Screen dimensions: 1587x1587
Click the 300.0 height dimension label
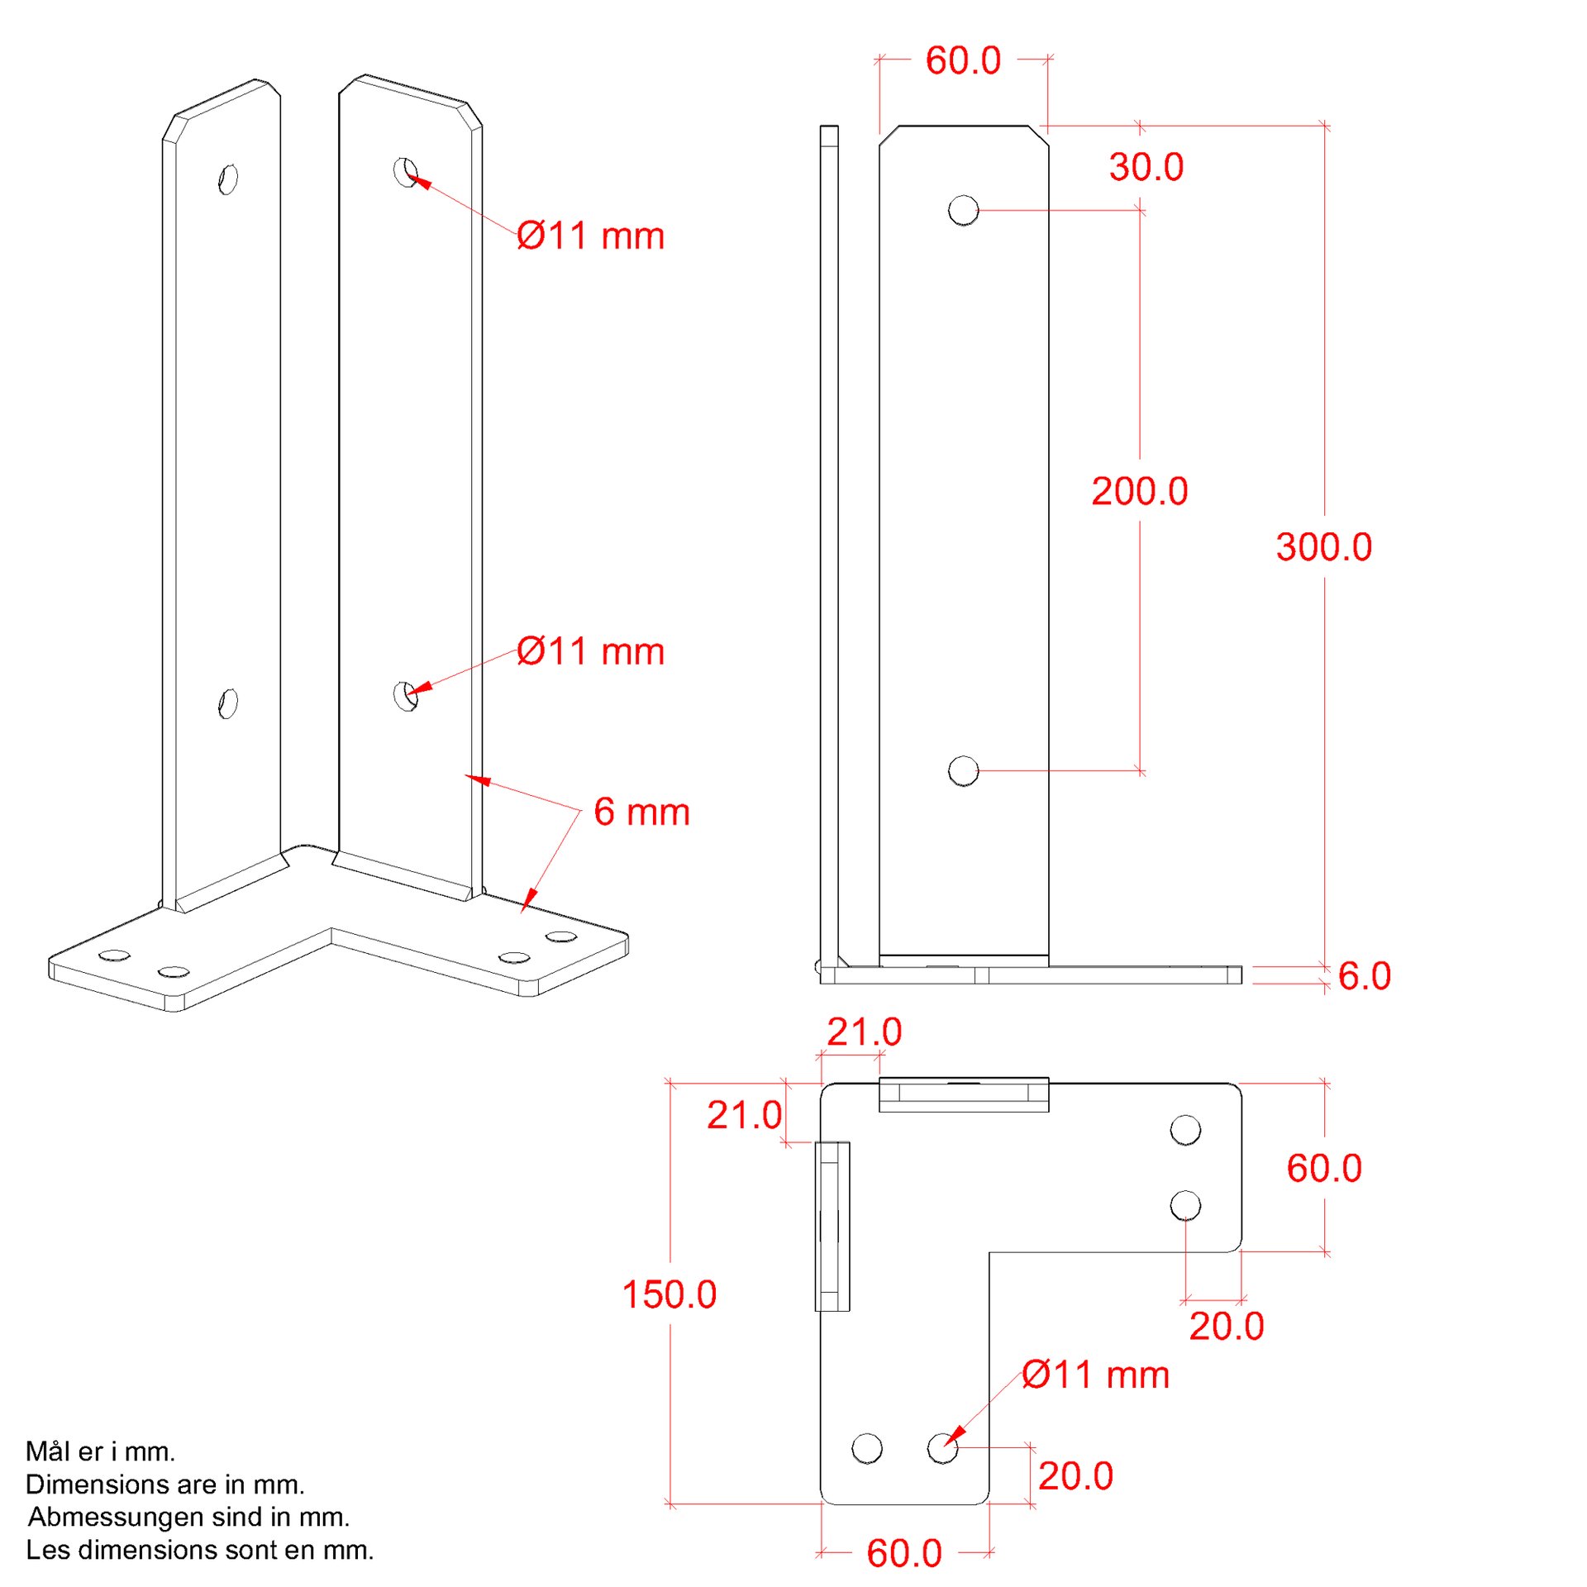(1323, 547)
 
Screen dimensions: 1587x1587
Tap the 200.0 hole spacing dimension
(1140, 491)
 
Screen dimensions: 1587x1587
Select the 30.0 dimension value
(1146, 167)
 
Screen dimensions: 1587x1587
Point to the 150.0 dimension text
(669, 1294)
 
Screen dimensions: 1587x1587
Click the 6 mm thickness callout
(641, 812)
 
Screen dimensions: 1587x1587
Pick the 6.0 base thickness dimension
(1364, 976)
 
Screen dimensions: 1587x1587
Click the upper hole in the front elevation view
(963, 210)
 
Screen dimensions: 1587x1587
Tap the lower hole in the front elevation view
(963, 770)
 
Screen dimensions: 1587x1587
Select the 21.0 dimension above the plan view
(864, 1032)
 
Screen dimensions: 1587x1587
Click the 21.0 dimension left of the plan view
(744, 1115)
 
